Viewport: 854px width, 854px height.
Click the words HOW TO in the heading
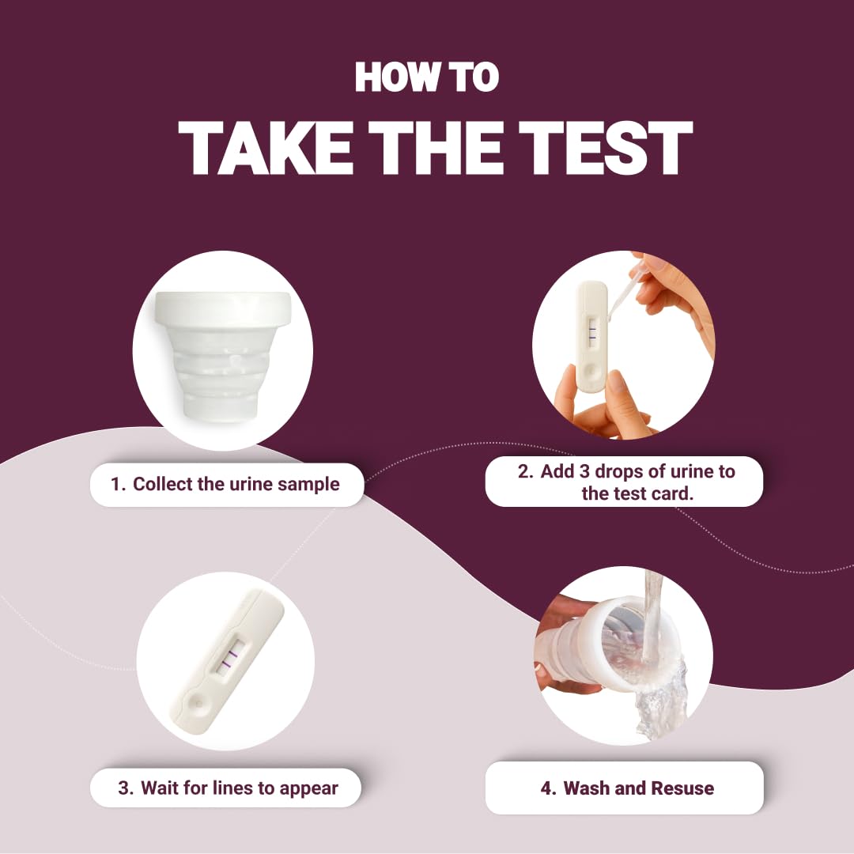coord(426,77)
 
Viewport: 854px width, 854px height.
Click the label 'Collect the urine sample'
coord(226,484)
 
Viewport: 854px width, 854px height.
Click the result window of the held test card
coord(592,331)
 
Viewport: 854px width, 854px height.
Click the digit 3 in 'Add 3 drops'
coord(584,471)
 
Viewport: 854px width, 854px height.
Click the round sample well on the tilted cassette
coord(197,703)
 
